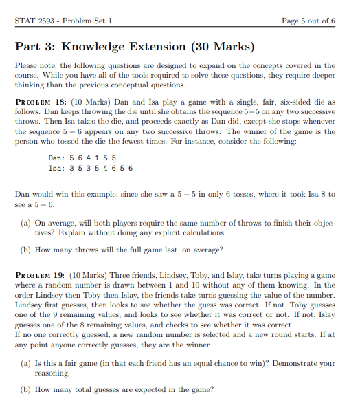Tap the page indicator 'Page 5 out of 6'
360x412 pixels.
308,21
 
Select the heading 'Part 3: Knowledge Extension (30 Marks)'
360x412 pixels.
135,47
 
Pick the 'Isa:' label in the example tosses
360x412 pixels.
57,168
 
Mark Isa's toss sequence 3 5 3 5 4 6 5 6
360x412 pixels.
105,168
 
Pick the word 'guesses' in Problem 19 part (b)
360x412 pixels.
128,390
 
